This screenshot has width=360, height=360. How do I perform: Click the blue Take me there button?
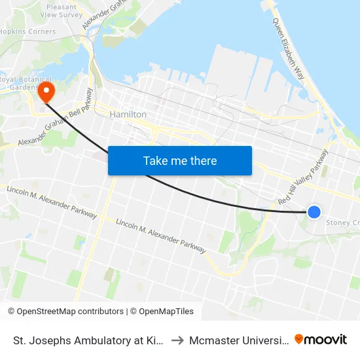tap(180, 160)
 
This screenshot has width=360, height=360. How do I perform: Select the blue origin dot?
tap(314, 211)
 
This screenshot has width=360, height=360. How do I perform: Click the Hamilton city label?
tap(128, 114)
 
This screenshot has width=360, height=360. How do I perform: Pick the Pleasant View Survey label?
tap(62, 10)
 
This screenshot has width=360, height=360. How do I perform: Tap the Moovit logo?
tap(321, 339)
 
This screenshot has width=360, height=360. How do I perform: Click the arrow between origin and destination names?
tap(177, 340)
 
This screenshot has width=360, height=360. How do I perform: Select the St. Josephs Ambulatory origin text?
tap(88, 340)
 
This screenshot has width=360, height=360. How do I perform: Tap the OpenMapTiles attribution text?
tap(162, 312)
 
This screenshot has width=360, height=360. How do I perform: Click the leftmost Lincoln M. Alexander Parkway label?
tap(51, 202)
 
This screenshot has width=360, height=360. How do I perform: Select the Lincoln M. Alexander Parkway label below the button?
tap(160, 236)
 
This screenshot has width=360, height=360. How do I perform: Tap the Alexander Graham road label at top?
tap(105, 14)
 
